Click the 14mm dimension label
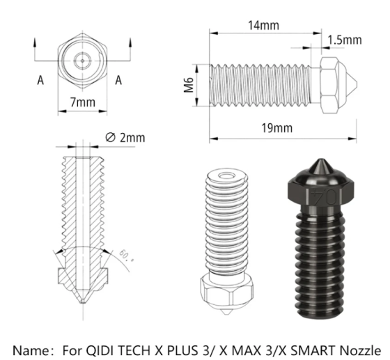(x=263, y=26)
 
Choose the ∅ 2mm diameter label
(x=125, y=137)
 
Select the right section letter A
(x=119, y=80)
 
